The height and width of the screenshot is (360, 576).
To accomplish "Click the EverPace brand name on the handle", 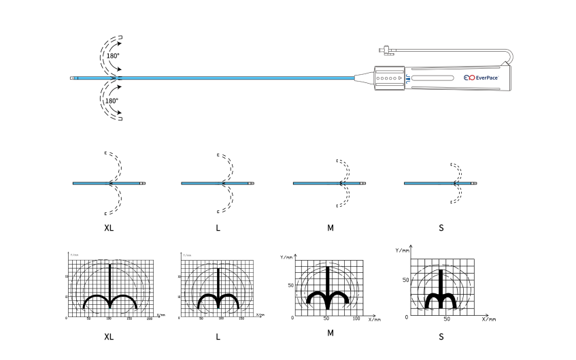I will [x=489, y=78].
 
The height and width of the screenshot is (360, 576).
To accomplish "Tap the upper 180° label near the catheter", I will [x=113, y=55].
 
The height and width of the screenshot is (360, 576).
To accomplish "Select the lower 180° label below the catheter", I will [x=112, y=101].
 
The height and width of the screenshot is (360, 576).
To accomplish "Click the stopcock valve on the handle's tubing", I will [x=384, y=49].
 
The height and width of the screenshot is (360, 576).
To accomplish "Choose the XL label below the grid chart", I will [x=109, y=336].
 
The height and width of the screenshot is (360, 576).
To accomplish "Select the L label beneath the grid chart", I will [x=218, y=336].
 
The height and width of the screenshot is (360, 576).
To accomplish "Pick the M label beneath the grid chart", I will [x=331, y=333].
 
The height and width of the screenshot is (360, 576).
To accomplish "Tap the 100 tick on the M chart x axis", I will [x=356, y=318].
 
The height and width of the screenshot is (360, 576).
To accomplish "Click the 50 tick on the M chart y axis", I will [x=288, y=286].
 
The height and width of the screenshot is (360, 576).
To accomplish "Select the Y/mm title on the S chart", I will [x=403, y=250].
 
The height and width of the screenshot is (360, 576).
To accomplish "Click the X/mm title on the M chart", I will [x=375, y=319].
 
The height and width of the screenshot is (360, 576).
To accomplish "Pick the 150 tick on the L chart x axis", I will [x=241, y=318].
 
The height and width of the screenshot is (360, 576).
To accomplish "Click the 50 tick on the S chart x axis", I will [x=447, y=318].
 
